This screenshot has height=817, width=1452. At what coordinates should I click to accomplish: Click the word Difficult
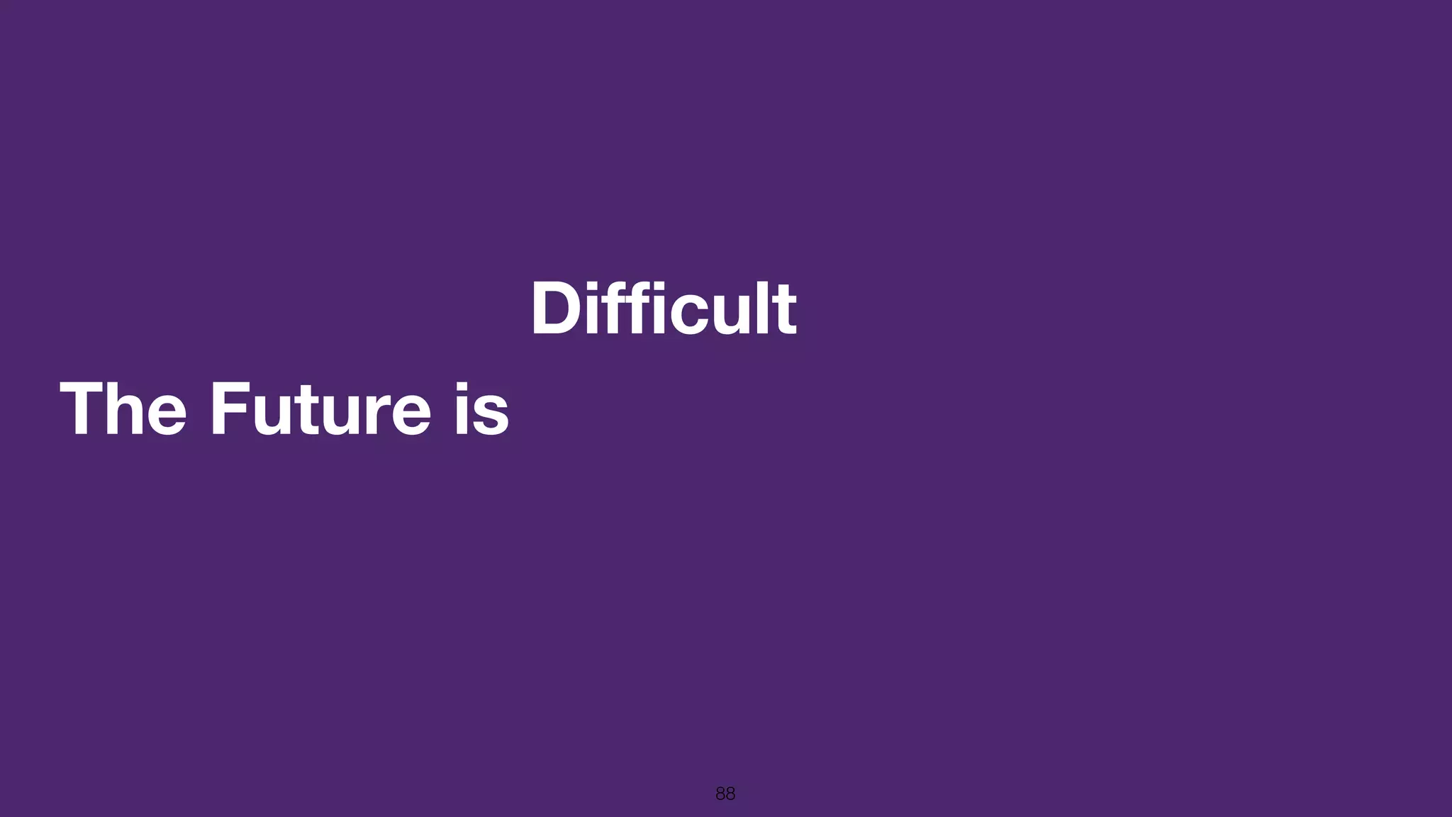click(x=664, y=309)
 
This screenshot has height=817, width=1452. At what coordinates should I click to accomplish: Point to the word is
click(x=482, y=409)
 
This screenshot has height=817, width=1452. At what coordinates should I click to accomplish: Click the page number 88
click(x=725, y=794)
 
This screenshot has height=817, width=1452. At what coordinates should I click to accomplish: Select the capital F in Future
click(x=229, y=409)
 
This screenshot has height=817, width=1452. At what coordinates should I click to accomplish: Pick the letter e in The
click(x=168, y=416)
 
